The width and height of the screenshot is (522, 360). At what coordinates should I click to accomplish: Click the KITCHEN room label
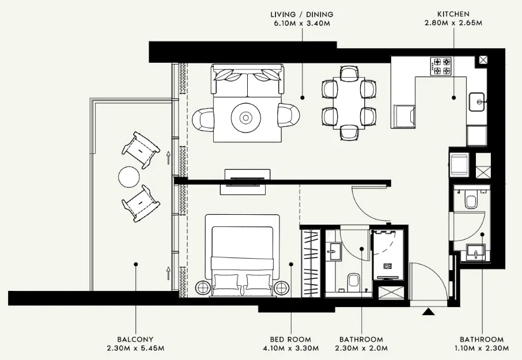453,14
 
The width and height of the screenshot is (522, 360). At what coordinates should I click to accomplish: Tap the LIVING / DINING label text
302,14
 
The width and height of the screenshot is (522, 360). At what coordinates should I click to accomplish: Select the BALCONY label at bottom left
136,339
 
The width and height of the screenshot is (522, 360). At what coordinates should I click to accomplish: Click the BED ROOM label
290,339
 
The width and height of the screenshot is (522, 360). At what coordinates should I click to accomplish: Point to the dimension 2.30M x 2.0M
361,348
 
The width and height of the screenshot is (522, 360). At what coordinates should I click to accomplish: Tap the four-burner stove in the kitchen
442,66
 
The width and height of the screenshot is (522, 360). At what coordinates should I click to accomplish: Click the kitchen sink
477,103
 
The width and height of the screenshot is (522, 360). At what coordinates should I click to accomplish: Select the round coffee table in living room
246,118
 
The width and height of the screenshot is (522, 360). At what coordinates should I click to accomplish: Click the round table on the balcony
128,176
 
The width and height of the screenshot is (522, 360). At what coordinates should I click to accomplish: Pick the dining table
349,103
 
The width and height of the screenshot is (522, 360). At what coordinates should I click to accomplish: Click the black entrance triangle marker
428,312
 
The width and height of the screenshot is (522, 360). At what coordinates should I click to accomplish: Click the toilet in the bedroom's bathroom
353,281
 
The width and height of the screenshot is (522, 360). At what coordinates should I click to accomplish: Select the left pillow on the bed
226,282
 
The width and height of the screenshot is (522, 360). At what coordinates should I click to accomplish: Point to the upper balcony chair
140,149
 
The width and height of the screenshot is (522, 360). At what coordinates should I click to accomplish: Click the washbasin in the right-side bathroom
476,251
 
